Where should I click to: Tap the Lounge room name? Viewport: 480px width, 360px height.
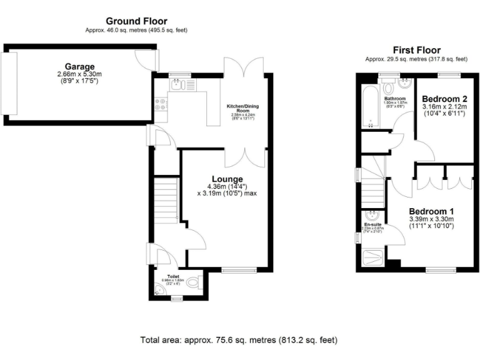coord(226,179)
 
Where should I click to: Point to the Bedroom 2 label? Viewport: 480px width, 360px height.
coord(444,99)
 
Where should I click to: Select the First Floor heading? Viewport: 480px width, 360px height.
coord(416,50)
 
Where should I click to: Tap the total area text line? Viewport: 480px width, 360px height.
coord(239,341)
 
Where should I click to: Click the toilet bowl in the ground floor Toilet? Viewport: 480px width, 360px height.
coord(194,283)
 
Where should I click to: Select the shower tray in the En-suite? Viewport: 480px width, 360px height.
coord(373,256)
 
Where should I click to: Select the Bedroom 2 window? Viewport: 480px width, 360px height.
coord(447,75)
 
